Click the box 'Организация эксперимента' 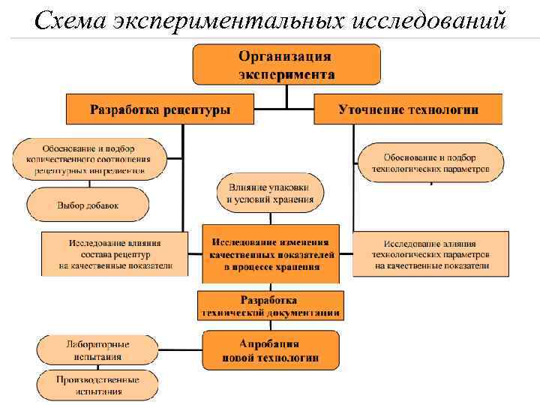pos(286,64)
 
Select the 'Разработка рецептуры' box pos(160,109)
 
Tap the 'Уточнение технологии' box pos(408,109)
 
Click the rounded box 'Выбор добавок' pos(88,204)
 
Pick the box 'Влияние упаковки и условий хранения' pos(271,192)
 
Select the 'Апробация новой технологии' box pos(271,350)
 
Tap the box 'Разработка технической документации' pos(271,305)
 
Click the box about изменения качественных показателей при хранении pos(271,254)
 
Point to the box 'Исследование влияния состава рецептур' pos(115,254)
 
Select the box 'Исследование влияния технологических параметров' pos(431,254)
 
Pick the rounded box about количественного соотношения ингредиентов pos(88,159)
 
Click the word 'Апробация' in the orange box pos(271,343)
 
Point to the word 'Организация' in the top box pos(286,57)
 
